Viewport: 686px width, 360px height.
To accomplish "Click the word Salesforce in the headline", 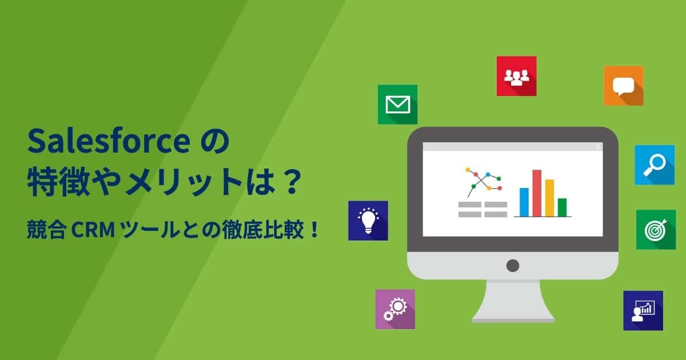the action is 109,141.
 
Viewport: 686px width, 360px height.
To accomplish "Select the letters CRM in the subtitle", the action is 93,230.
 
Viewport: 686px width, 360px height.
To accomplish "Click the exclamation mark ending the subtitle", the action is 314,230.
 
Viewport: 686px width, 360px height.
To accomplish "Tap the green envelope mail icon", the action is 397,105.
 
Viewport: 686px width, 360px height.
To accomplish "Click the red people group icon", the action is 517,76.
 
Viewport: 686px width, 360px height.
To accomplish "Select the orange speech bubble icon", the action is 624,86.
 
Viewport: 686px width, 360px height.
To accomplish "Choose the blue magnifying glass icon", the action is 655,165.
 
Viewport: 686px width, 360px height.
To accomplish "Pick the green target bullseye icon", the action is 656,230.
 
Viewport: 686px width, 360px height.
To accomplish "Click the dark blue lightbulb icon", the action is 368,221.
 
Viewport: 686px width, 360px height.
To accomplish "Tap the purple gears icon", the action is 395,309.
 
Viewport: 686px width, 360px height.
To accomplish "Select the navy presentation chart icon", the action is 643,311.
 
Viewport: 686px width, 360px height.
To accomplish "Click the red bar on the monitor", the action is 537,193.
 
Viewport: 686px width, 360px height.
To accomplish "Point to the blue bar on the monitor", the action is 524,202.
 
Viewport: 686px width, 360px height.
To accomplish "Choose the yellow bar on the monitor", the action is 550,198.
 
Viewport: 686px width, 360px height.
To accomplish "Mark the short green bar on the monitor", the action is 563,207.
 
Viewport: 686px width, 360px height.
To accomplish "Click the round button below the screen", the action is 513,266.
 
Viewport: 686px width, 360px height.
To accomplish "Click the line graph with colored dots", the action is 484,182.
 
